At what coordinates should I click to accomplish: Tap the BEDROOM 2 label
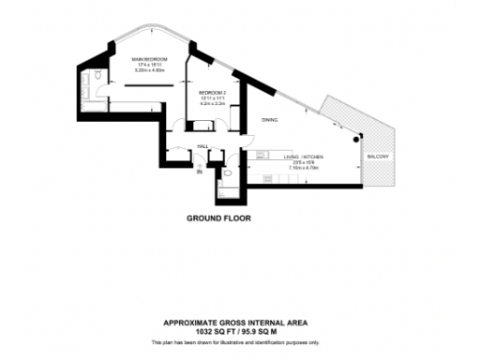coord(213,92)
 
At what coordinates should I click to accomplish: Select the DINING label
coord(269,120)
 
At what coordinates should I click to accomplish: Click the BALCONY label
coord(379,156)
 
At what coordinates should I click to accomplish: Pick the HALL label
coord(203,145)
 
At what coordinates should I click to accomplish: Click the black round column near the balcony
coord(356,138)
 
